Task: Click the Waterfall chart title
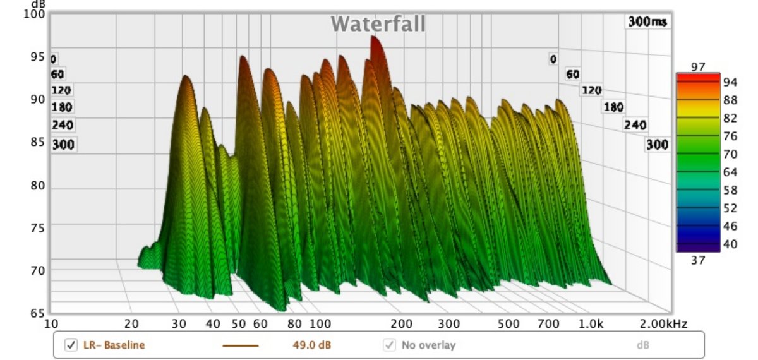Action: [378, 24]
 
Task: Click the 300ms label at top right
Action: [647, 22]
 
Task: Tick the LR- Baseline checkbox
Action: [71, 345]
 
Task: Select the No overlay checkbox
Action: [389, 345]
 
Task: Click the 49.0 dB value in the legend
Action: [315, 345]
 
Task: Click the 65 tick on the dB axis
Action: [38, 313]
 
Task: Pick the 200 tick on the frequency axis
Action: [402, 324]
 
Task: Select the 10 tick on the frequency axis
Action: [52, 324]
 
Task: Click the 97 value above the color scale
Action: [697, 66]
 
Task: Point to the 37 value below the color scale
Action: [697, 260]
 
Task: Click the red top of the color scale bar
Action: [697, 76]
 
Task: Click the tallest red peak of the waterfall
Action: [375, 39]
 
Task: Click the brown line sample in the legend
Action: [241, 345]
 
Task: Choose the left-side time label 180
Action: [62, 107]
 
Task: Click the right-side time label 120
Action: [591, 90]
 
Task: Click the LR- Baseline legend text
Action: [114, 345]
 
